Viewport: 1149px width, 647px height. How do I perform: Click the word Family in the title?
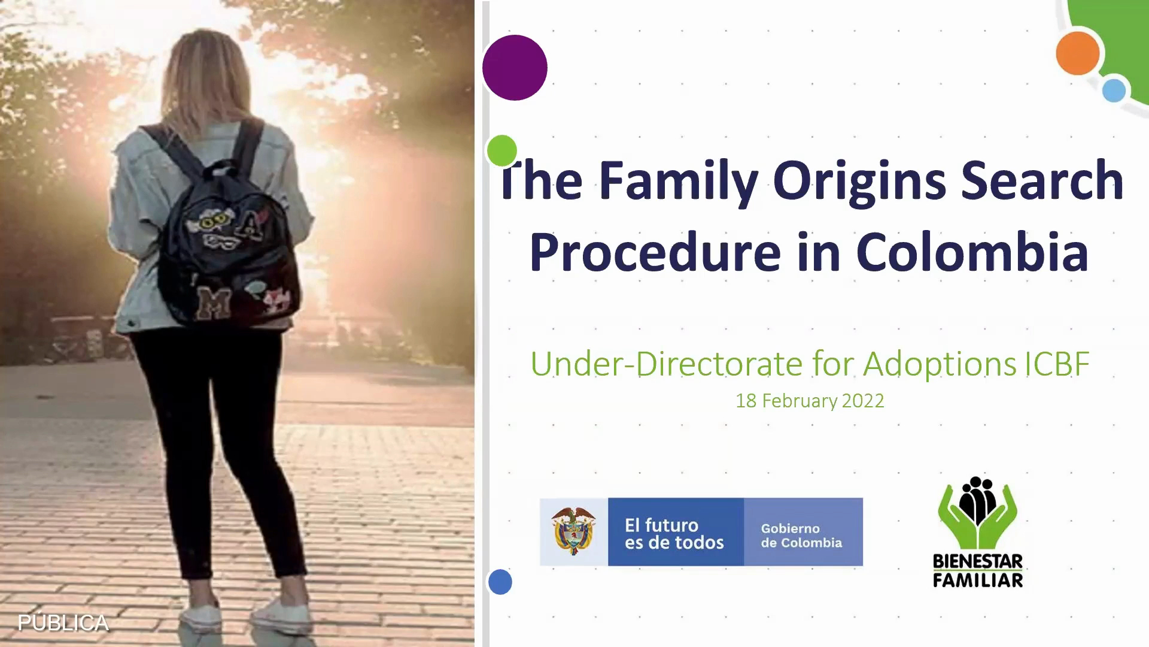679,182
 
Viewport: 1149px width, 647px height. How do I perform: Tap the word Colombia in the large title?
972,252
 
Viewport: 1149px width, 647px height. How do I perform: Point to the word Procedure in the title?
655,252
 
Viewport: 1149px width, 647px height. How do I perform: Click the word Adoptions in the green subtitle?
940,364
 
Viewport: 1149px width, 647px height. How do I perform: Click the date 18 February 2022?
810,401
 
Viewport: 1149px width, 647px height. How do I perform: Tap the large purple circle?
515,68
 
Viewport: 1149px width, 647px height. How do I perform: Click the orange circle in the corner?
1078,53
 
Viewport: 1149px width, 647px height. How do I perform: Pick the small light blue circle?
1114,90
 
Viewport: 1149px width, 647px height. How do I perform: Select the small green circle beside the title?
501,150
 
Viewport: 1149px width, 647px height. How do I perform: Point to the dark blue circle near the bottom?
500,582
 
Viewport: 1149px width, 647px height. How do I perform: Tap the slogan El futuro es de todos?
674,534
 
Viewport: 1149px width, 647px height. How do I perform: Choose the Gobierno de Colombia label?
801,536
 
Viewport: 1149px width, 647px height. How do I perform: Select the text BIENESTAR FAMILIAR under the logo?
978,571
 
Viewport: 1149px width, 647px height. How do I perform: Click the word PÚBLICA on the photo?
63,623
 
